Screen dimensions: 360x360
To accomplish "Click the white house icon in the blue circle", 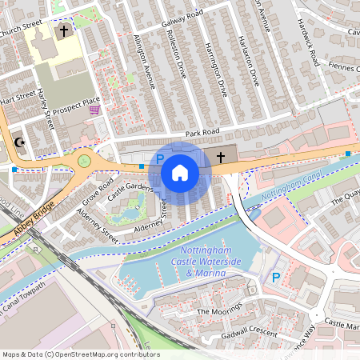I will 180,173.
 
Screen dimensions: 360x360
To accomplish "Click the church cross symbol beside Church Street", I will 62,31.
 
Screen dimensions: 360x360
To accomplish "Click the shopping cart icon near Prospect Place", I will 95,109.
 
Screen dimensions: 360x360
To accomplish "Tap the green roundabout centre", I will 84,163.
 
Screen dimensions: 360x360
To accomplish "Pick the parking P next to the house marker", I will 159,160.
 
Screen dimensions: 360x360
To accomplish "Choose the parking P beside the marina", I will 276,277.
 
